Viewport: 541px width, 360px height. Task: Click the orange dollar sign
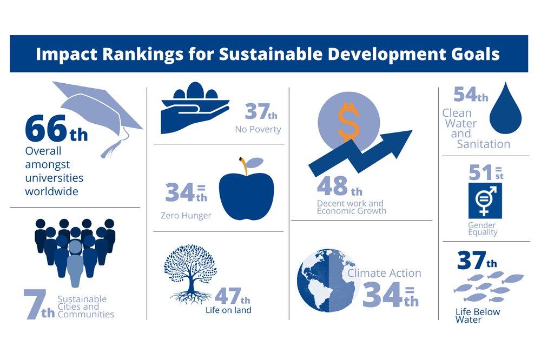click(349, 122)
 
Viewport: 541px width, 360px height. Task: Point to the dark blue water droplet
click(505, 110)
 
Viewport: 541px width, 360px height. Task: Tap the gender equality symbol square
click(485, 201)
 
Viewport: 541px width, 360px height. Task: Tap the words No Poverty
click(258, 129)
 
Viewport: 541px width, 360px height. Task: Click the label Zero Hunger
click(186, 216)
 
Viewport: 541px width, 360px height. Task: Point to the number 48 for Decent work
click(332, 187)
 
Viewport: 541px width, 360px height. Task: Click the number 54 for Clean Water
click(466, 95)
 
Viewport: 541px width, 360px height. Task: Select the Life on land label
click(228, 310)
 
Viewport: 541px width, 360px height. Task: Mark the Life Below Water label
click(477, 316)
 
